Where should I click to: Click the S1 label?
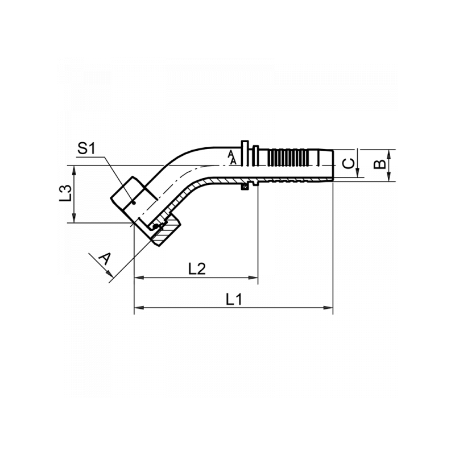coord(86,149)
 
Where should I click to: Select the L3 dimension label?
coord(65,193)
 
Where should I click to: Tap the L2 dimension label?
coord(197,268)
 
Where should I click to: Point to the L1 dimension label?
coord(234,299)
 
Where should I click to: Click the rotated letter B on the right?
coord(380,164)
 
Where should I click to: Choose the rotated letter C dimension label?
coord(349,164)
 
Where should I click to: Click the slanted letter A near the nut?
coord(105,259)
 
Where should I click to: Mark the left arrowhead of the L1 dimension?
coord(139,308)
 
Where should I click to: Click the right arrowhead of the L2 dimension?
coord(253,278)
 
